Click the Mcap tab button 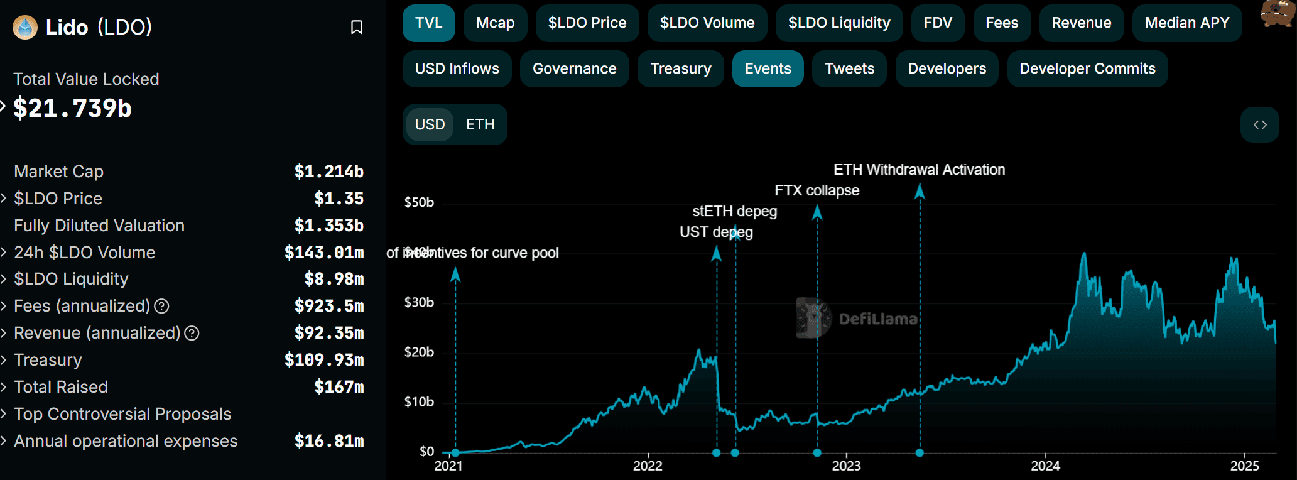point(495,23)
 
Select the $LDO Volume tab point(707,23)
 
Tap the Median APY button point(1186,23)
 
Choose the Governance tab point(574,69)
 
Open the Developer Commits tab point(1087,69)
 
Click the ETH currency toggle point(480,124)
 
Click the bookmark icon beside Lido point(357,27)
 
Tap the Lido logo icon point(25,27)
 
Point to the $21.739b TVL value point(72,109)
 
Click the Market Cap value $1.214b point(328,172)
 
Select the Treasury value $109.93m point(323,360)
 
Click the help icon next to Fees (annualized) point(162,306)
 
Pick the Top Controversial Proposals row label point(122,414)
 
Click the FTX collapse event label point(817,190)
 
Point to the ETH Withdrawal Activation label point(919,170)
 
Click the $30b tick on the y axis point(419,302)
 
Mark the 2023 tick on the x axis point(846,466)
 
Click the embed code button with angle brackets point(1259,124)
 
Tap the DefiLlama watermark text point(877,319)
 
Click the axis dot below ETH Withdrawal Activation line point(920,452)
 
